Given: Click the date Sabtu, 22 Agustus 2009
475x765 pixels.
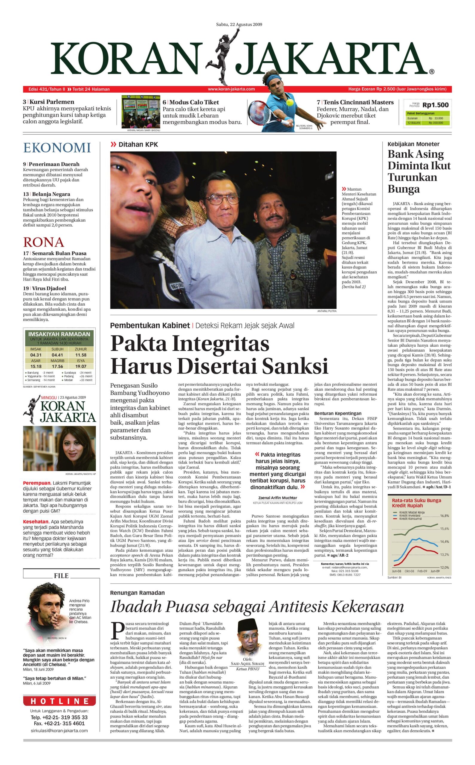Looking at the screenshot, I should [x=239, y=25].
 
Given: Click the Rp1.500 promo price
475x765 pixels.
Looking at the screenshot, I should [x=436, y=105].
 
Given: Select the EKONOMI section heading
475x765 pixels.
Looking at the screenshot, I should [x=57, y=148].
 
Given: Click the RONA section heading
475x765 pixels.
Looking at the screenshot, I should [x=43, y=242].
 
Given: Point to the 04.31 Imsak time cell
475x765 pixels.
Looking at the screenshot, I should [x=36, y=355].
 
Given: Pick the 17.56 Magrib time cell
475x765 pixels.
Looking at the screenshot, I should [x=57, y=366].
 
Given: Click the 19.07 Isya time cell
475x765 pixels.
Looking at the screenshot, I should [x=81, y=366].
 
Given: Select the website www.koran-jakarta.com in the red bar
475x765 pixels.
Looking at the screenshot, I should [x=231, y=89].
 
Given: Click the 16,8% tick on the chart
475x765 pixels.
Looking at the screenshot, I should [x=444, y=516].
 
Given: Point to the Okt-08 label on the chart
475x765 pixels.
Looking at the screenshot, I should [x=409, y=571].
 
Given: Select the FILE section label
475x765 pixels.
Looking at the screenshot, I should [x=61, y=576].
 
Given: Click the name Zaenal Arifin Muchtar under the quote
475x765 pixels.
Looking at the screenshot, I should [x=277, y=498].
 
